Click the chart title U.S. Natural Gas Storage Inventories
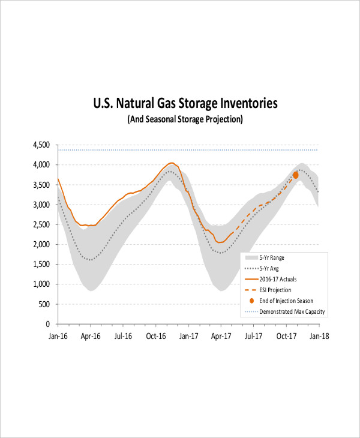(185, 104)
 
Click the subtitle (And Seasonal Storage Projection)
(185, 119)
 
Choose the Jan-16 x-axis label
(58, 337)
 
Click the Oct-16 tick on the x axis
(156, 337)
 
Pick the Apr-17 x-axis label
(221, 337)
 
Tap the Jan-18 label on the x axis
(319, 337)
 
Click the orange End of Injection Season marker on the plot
(295, 175)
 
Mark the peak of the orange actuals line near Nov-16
(171, 163)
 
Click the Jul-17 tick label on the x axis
(254, 337)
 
